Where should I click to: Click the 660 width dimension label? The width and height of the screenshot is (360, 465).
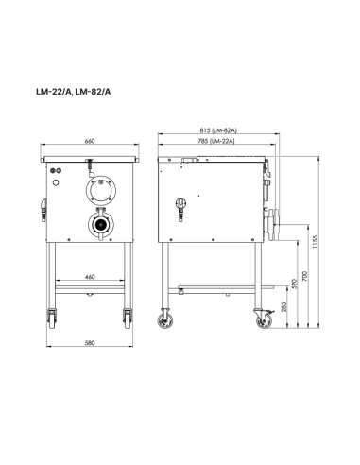(90, 141)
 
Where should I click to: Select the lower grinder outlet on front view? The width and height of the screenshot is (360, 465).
(96, 226)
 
